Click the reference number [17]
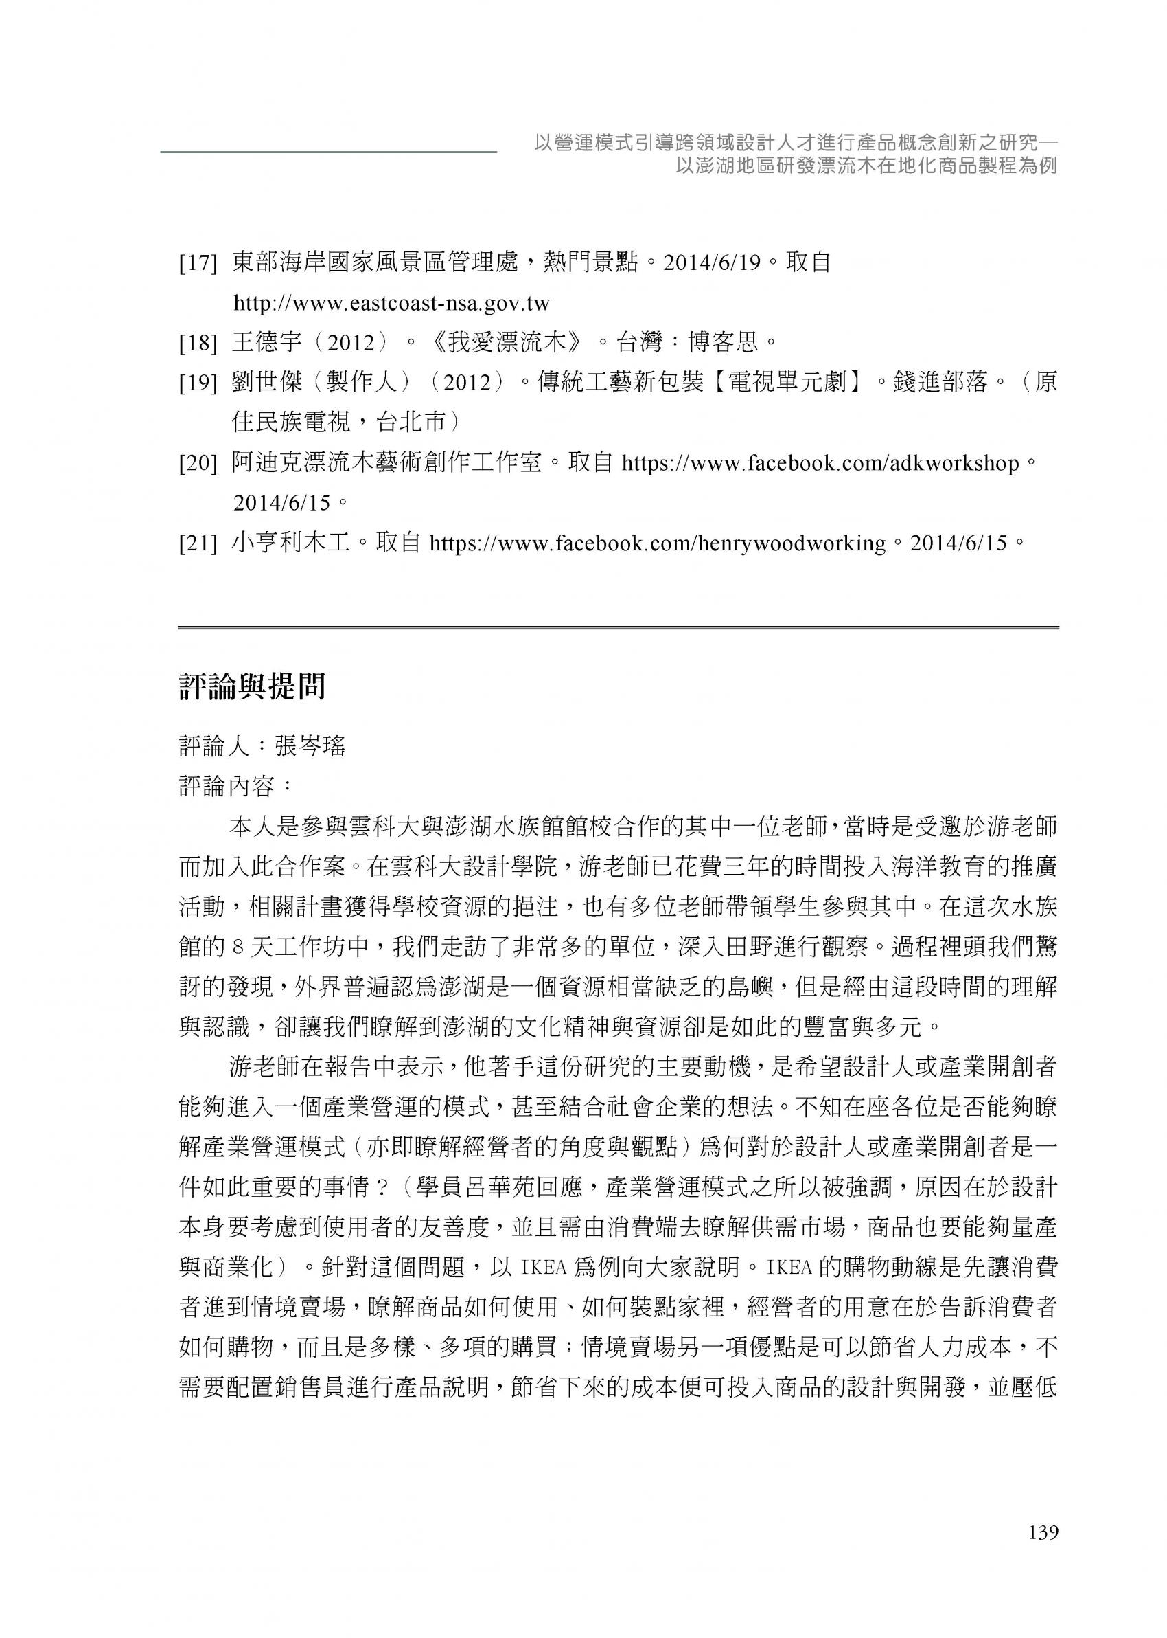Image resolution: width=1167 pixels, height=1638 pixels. click(x=198, y=264)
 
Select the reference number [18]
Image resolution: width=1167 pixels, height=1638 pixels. click(x=198, y=344)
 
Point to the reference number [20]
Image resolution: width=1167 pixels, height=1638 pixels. click(x=198, y=464)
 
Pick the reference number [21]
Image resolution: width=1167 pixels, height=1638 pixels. click(x=198, y=543)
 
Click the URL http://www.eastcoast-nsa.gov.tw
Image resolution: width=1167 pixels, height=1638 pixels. click(x=392, y=304)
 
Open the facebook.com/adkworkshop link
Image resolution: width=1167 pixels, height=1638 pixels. click(x=820, y=464)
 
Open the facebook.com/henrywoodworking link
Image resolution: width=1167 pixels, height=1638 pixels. click(x=657, y=543)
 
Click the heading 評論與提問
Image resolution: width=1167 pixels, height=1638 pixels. click(x=252, y=686)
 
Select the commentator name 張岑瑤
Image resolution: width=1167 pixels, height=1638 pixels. click(x=310, y=746)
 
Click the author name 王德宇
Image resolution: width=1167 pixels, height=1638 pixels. click(x=266, y=343)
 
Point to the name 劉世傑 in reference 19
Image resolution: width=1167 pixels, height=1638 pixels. click(x=266, y=383)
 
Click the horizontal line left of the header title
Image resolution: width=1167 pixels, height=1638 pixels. click(x=328, y=152)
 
